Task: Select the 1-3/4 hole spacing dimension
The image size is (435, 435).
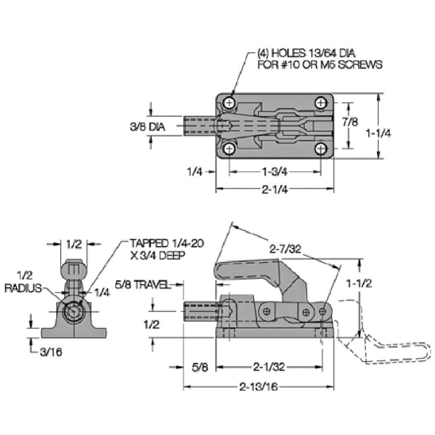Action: click(x=275, y=171)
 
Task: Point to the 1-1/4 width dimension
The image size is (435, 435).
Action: click(x=379, y=133)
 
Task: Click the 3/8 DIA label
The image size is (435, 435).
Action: click(x=147, y=127)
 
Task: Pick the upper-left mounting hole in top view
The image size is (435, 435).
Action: click(x=229, y=103)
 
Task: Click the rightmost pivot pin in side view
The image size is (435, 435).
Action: click(x=323, y=312)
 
